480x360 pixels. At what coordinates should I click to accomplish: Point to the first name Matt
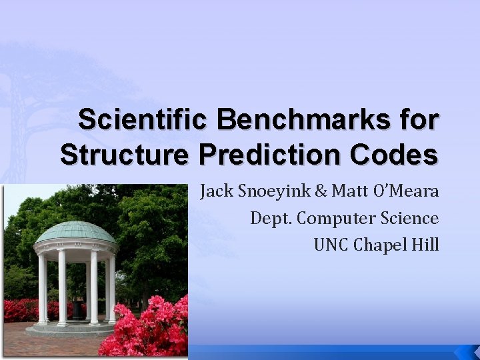click(x=344, y=192)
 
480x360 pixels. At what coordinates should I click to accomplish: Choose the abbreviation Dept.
click(x=269, y=219)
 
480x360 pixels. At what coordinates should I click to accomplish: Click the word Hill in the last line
click(x=426, y=245)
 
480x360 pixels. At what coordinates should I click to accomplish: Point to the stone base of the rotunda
click(x=75, y=327)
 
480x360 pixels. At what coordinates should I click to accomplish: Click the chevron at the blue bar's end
click(x=464, y=352)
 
